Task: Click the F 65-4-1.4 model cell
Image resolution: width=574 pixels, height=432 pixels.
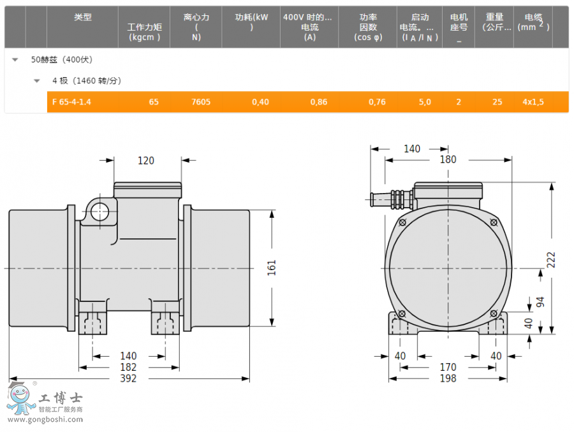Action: (71, 102)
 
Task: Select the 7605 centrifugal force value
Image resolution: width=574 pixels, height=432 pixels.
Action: (201, 102)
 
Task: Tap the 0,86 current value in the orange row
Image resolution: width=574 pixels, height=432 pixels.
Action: (319, 102)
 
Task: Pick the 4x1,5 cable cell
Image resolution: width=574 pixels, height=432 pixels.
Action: (533, 102)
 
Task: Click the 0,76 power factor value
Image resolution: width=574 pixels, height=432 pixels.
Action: (377, 102)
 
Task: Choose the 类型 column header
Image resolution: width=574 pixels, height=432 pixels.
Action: (83, 17)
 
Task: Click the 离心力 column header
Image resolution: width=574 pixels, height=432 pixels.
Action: (196, 17)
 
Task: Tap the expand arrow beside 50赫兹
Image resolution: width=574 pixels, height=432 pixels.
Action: (15, 60)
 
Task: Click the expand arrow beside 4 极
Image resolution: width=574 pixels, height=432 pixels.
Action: (36, 81)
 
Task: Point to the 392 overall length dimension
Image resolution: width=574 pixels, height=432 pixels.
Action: (128, 378)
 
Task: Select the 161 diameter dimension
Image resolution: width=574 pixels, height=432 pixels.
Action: (271, 268)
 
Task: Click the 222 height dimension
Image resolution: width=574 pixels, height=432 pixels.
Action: (551, 260)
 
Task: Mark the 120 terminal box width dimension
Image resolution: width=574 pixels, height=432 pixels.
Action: (145, 161)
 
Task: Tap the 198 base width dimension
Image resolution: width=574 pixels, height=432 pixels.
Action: (448, 378)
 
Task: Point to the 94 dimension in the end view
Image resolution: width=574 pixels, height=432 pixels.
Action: (540, 302)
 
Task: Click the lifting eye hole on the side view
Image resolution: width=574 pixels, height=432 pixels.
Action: (99, 212)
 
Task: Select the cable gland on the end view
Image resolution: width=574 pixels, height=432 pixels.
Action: (392, 199)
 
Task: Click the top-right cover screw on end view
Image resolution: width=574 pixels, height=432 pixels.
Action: (494, 222)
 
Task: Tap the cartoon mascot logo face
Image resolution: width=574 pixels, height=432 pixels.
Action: (20, 395)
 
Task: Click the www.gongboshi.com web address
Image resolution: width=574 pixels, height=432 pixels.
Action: (45, 419)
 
